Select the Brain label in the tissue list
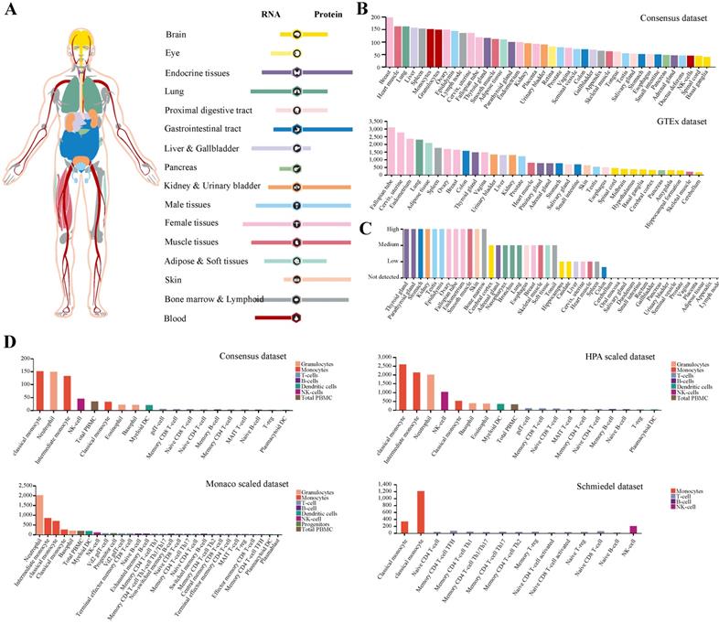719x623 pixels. click(x=177, y=34)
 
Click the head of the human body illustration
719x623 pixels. click(x=83, y=41)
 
